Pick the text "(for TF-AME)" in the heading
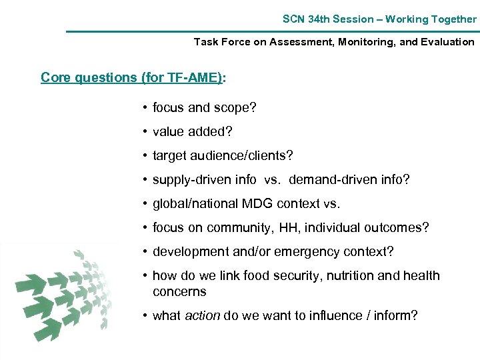181,77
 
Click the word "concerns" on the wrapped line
179,292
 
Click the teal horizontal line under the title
272,31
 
